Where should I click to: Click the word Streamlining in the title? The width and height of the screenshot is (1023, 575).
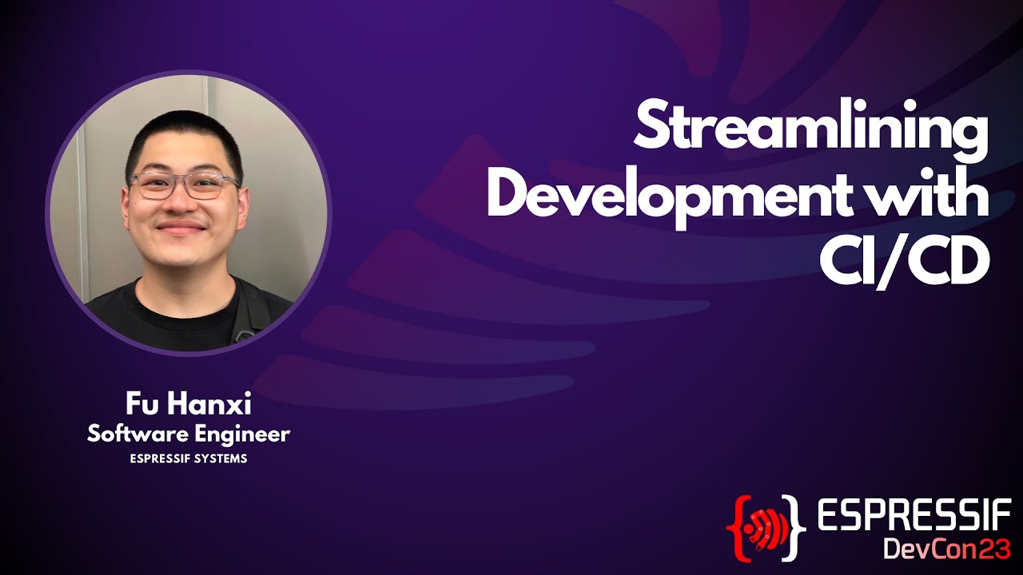point(810,133)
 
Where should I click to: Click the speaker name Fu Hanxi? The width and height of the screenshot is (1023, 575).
point(189,405)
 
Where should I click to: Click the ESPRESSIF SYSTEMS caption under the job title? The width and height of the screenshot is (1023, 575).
point(189,459)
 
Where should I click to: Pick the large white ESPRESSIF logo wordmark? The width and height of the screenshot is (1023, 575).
point(914,517)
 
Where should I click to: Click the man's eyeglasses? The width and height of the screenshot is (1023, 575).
point(185,186)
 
